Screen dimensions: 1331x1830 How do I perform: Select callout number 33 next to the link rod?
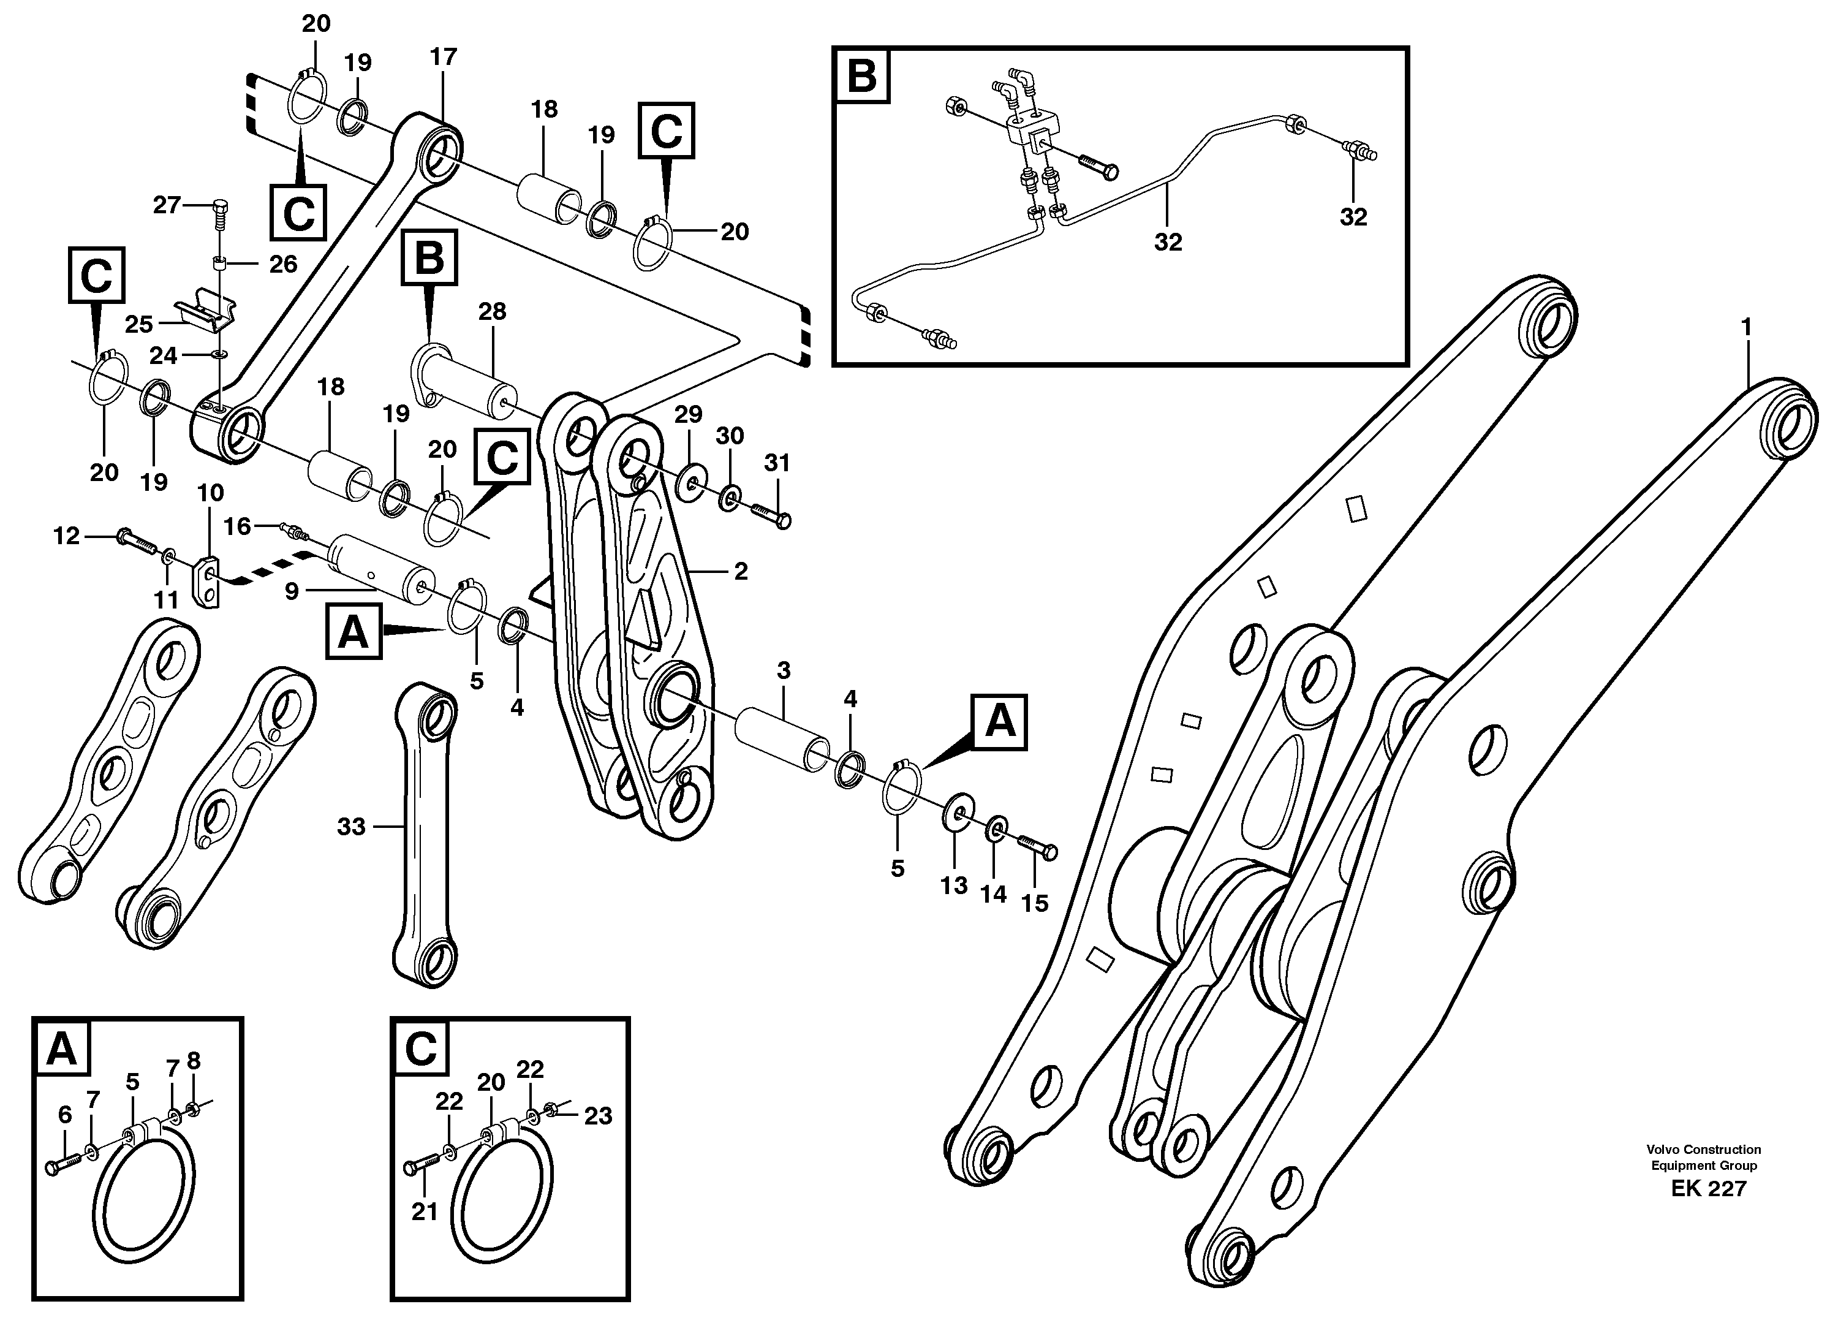pos(351,827)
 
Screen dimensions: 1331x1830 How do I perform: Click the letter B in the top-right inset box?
pos(862,77)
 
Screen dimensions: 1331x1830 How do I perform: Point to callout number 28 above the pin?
pos(491,311)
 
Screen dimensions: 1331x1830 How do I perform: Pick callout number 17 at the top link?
pos(443,56)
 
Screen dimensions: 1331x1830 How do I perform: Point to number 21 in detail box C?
pos(425,1212)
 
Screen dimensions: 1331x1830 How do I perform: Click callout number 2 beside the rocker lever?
pos(740,572)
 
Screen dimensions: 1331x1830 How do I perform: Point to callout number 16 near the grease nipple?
pos(237,526)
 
